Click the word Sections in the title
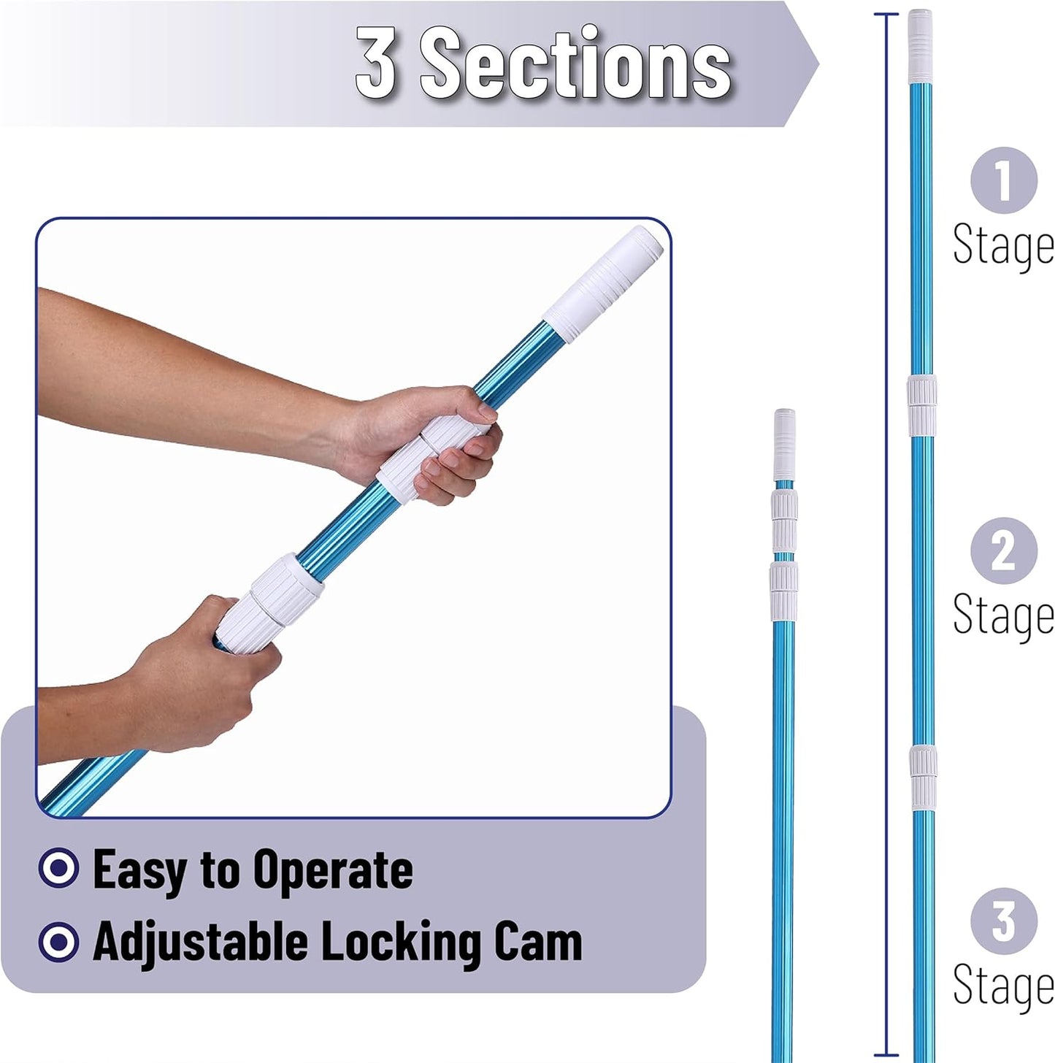(x=576, y=62)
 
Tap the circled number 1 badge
(x=1003, y=180)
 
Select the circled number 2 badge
(x=1003, y=550)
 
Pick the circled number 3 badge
(x=1003, y=921)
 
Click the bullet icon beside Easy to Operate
(x=58, y=868)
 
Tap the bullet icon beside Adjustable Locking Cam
(x=58, y=943)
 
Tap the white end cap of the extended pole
(x=920, y=46)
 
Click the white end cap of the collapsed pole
(x=784, y=445)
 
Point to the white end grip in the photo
(x=603, y=283)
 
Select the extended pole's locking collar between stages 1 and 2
(x=921, y=405)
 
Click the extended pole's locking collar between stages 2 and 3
(x=923, y=778)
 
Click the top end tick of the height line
(x=886, y=15)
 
